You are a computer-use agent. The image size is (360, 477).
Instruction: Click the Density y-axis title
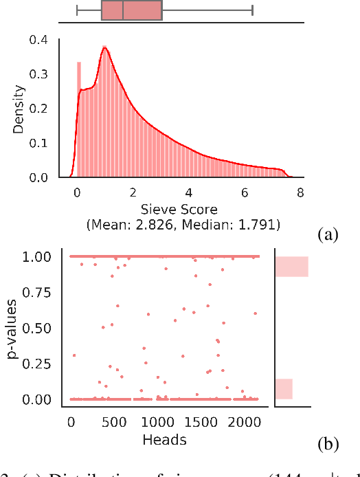(x=20, y=109)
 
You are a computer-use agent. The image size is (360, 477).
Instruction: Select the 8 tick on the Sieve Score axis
(x=300, y=192)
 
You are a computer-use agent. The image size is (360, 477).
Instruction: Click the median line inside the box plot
(x=123, y=10)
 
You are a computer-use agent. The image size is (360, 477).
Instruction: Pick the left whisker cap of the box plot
(x=76, y=10)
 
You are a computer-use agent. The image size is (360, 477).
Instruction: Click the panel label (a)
(x=328, y=235)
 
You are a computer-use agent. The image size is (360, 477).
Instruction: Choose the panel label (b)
(x=328, y=445)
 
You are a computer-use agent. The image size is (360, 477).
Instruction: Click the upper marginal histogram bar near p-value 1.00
(x=292, y=266)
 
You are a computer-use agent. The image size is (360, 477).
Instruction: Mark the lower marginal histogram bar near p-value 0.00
(x=284, y=389)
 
